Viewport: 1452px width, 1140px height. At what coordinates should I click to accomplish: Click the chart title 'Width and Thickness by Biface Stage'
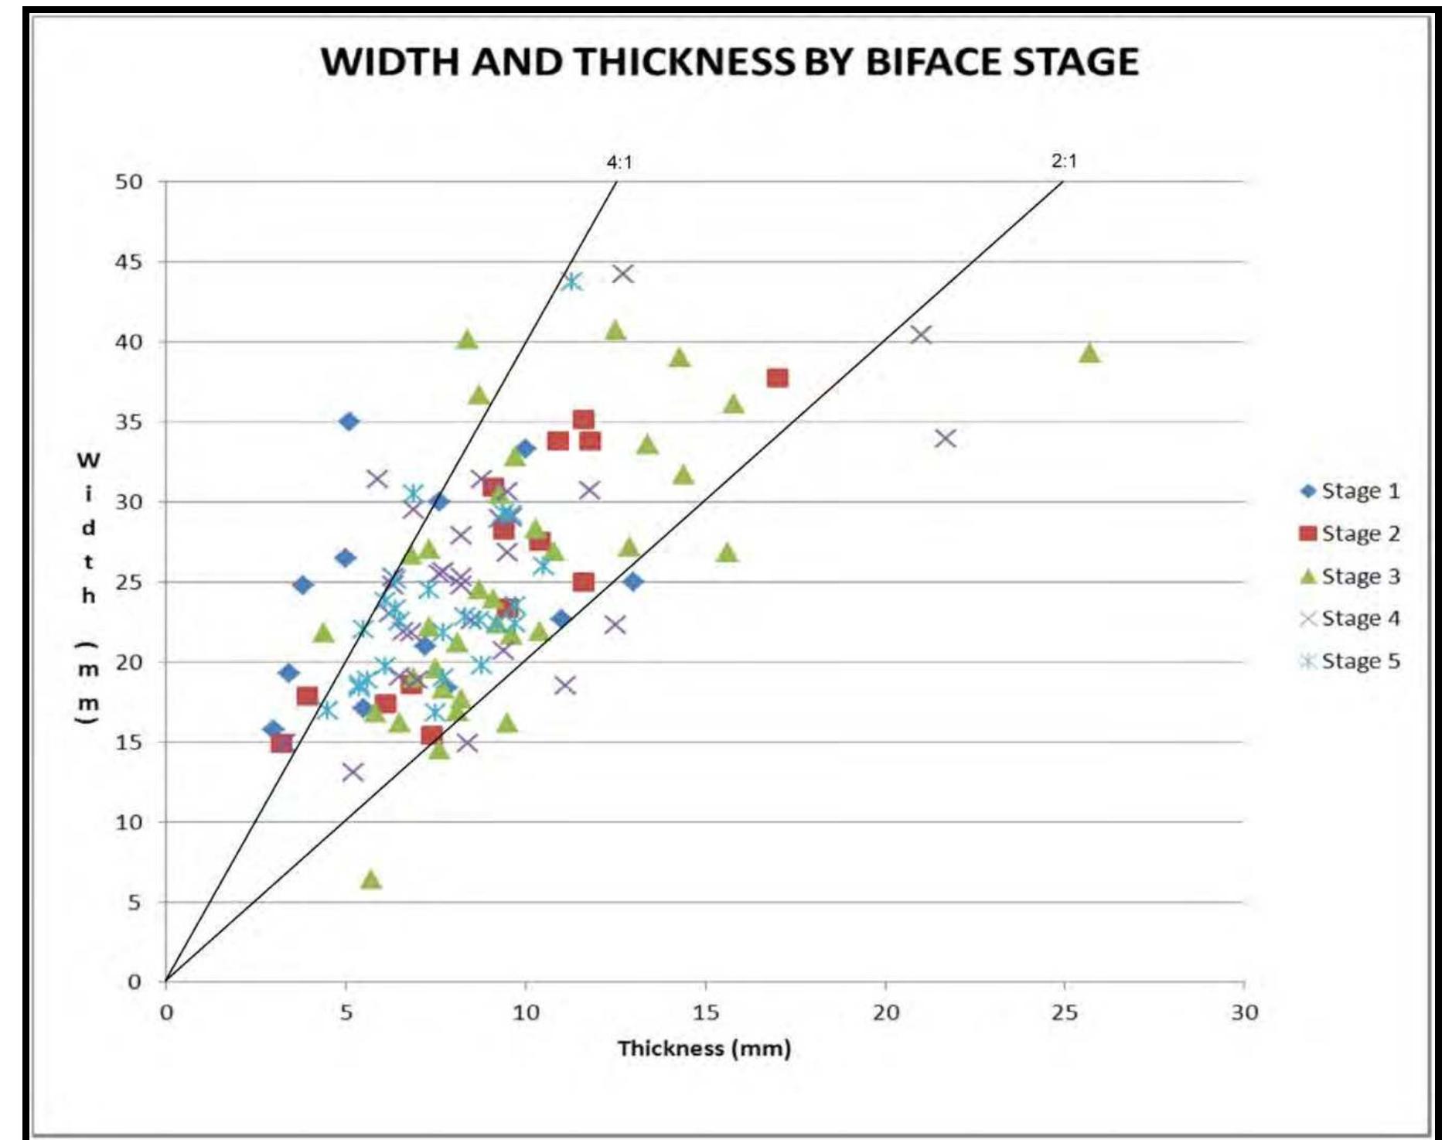tap(729, 61)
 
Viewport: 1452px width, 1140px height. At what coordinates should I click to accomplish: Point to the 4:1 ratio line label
tap(619, 162)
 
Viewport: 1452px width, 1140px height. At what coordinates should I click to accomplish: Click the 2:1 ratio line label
tap(1064, 161)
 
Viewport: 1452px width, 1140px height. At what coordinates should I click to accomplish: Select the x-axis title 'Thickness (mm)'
tap(704, 1048)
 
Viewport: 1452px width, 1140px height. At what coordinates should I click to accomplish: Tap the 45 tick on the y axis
tap(129, 262)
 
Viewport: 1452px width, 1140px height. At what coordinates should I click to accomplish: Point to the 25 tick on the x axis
tap(1064, 1012)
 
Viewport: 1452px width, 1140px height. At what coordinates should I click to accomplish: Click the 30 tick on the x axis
tap(1244, 1012)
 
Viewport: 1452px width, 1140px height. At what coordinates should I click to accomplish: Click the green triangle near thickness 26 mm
tap(1089, 353)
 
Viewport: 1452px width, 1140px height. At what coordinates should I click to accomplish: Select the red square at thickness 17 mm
tap(777, 377)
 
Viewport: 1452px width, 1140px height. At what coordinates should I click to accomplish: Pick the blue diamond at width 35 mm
tap(349, 422)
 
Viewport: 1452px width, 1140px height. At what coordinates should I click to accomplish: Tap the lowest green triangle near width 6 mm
tap(371, 879)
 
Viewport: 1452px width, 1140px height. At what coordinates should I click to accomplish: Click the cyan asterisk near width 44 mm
tap(571, 282)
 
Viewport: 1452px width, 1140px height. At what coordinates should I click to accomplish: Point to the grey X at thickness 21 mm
tap(920, 335)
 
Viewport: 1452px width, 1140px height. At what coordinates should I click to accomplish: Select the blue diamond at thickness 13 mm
tap(632, 582)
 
